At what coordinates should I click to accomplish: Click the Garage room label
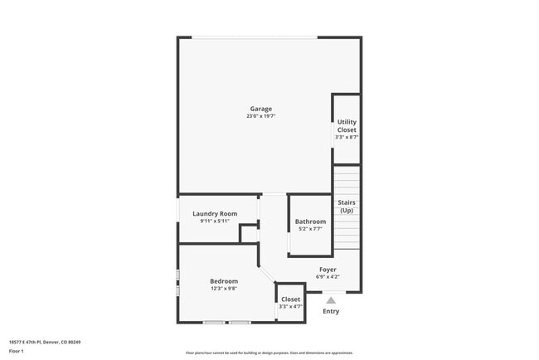261,109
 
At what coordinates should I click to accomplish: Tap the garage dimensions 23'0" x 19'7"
261,116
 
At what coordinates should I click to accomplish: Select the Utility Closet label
347,126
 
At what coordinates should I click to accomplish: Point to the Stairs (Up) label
346,206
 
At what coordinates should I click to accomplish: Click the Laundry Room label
215,213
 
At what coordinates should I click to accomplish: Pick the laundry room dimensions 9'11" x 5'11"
215,221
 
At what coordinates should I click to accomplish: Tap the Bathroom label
310,221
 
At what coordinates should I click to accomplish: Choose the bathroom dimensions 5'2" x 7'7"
310,229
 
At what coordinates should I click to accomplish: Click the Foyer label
328,270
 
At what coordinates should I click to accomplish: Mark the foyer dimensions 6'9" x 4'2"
328,277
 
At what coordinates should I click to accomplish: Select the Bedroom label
224,281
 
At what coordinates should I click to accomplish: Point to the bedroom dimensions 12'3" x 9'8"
224,289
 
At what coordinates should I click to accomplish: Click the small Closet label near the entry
290,299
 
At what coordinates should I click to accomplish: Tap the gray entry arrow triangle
331,301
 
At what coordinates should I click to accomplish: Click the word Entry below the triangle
331,311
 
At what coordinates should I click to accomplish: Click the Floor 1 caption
17,351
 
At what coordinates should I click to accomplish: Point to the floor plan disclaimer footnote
269,352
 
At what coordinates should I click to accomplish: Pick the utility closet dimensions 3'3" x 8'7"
347,137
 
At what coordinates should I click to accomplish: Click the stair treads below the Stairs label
347,232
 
